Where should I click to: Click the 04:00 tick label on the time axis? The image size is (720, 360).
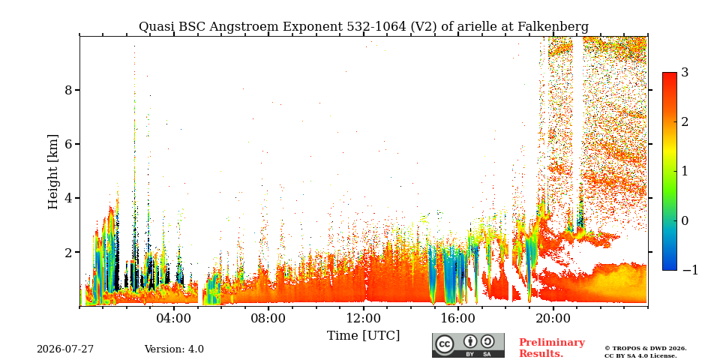point(175,318)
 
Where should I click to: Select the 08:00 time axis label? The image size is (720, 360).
point(269,318)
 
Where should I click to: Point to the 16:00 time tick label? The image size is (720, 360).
point(459,318)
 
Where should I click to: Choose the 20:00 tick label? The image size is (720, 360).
point(553,318)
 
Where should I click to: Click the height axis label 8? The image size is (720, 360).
point(68,90)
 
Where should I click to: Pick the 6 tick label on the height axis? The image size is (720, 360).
point(68,144)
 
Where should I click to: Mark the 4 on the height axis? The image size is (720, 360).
point(68,198)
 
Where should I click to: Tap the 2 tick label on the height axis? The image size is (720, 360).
point(68,253)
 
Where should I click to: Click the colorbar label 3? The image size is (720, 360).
point(685,73)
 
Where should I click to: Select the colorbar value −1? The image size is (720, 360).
point(690,270)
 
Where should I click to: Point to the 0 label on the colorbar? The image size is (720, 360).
point(685,220)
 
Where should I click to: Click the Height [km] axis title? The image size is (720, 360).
point(53,172)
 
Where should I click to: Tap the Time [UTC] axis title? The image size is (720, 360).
point(363,336)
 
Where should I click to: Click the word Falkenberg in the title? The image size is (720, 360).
point(553,27)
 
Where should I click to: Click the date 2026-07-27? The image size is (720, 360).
point(65,349)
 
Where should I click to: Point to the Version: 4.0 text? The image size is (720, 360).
point(174,349)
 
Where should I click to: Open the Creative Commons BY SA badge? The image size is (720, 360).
point(468,345)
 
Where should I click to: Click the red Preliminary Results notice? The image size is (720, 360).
point(552,347)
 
